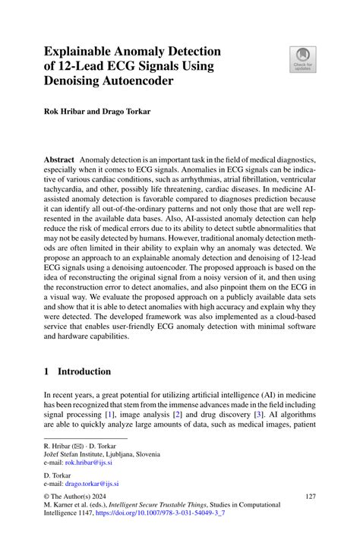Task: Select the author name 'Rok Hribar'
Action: click(63, 111)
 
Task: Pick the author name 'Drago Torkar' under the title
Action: click(131, 111)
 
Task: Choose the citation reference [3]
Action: click(260, 416)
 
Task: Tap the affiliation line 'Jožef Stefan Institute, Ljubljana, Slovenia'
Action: click(101, 454)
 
